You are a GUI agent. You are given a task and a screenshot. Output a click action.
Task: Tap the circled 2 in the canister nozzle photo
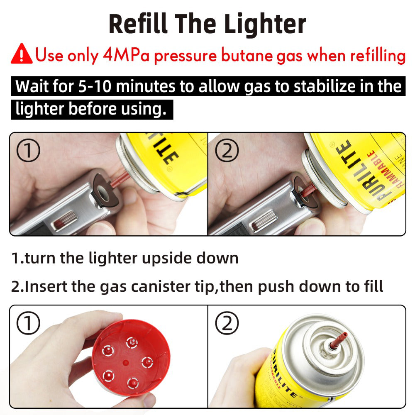coord(227,324)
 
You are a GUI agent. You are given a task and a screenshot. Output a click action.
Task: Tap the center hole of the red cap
coord(124,362)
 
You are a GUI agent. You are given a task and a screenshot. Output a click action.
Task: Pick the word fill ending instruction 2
coord(371,286)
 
